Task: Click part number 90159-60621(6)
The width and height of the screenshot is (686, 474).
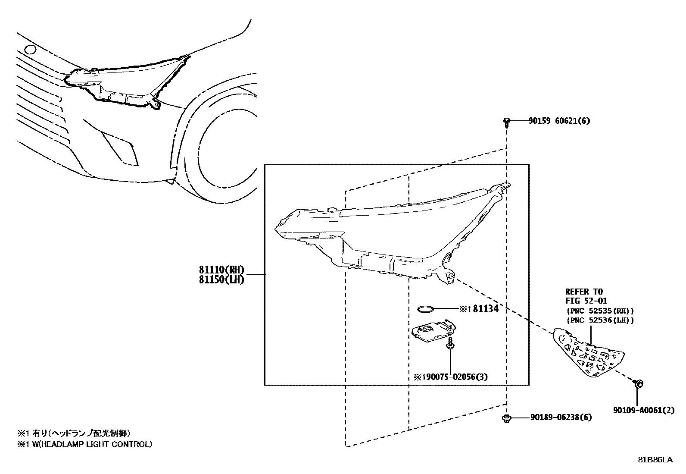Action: click(559, 121)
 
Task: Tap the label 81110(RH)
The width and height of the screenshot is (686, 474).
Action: click(221, 270)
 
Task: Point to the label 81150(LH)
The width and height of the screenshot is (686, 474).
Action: click(221, 280)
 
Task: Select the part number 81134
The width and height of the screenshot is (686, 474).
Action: click(486, 309)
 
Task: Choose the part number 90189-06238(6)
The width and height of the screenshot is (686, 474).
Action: click(561, 417)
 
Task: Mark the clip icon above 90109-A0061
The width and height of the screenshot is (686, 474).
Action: click(639, 383)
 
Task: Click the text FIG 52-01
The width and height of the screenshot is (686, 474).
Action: click(586, 301)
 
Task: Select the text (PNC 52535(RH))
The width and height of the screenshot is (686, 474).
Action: click(599, 311)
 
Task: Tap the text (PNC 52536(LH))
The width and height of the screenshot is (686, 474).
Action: click(599, 320)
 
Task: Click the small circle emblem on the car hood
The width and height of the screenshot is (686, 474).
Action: click(31, 50)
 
